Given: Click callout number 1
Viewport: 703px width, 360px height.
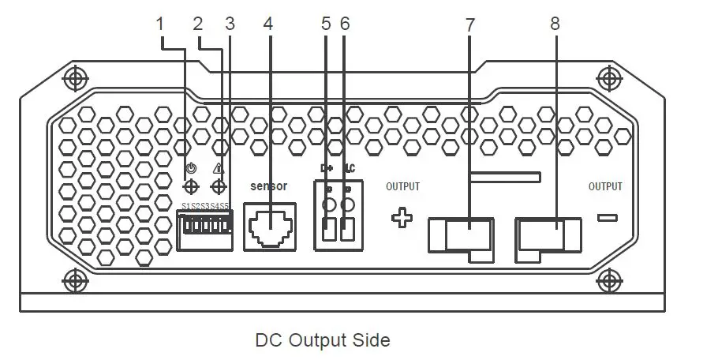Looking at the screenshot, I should coord(161,24).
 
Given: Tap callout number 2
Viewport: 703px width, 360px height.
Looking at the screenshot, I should coord(198,24).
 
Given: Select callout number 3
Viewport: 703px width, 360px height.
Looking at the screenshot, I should coord(230,24).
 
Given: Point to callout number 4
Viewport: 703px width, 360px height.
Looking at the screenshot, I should coord(268,24).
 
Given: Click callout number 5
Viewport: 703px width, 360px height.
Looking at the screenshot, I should coord(327,24).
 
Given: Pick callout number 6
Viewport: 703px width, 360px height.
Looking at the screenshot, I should coord(345,24).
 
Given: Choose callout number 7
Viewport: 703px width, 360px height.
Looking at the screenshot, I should coord(470,24).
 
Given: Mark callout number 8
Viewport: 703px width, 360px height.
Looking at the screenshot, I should coord(555,24).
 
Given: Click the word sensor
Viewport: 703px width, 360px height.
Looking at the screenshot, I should coord(268,186).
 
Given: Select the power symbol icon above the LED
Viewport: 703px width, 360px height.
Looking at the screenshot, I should coord(189,168).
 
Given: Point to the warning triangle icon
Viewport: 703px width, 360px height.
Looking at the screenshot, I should coord(219,169).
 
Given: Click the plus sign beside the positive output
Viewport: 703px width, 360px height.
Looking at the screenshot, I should coord(402,219).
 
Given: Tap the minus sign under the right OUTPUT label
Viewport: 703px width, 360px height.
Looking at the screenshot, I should coord(607,217).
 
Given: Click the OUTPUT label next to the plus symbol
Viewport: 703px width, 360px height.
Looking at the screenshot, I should coord(402,187).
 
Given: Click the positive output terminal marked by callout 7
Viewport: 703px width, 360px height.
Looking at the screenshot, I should coord(462,236).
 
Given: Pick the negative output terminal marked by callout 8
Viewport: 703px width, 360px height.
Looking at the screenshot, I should coord(548,236).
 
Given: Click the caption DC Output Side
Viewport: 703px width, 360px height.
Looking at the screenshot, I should coord(323,340).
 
